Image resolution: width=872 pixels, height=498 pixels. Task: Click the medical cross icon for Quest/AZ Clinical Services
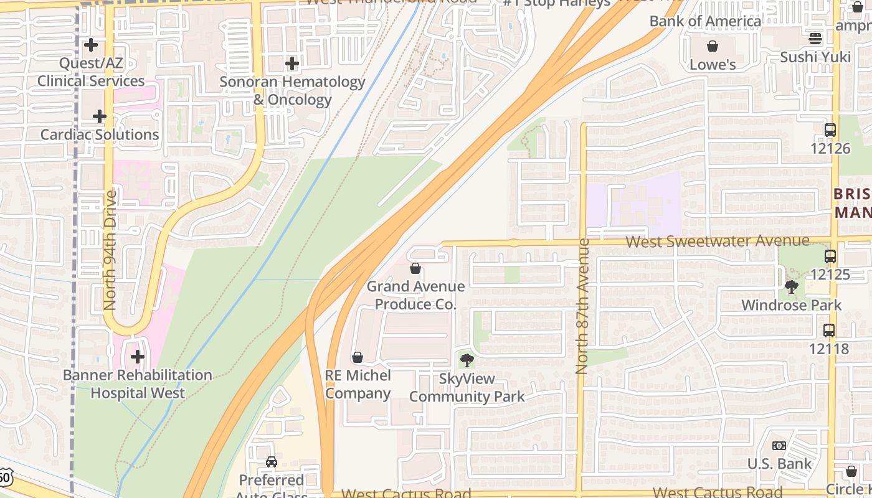[91, 45]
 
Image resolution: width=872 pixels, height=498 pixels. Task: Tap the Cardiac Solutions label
[100, 134]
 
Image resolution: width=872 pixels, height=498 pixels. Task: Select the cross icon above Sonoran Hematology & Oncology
[292, 63]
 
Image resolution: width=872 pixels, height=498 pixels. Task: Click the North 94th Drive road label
[110, 250]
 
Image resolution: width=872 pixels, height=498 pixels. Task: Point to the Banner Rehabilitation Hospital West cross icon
[138, 357]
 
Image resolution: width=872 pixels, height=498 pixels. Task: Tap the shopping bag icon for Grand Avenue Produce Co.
[415, 268]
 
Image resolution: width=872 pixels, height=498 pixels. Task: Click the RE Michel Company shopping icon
[358, 357]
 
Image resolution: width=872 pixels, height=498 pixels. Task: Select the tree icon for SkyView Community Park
[467, 360]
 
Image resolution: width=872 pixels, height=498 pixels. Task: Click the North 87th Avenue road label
[582, 306]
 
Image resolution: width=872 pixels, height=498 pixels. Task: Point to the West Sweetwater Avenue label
[718, 241]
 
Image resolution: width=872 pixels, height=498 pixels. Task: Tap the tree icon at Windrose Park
[792, 287]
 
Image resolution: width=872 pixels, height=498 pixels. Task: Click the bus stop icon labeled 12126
[830, 130]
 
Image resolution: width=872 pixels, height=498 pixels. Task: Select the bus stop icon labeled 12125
[830, 256]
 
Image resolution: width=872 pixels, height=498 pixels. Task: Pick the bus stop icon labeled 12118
[829, 331]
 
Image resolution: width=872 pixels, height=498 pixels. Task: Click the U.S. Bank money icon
[779, 446]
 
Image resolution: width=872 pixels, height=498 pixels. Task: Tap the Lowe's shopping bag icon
[713, 46]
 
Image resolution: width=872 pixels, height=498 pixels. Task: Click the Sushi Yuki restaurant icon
[815, 39]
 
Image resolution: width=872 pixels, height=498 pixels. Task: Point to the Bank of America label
[705, 21]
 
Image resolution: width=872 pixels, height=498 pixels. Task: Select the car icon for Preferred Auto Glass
[272, 461]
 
